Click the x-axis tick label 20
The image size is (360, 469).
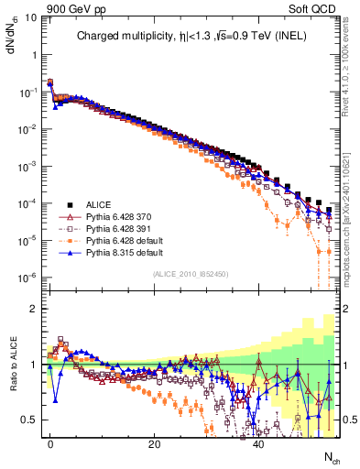[155, 442]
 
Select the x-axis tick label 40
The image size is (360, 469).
[259, 442]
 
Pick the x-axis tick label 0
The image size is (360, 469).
[50, 442]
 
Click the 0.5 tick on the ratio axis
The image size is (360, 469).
[27, 420]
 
